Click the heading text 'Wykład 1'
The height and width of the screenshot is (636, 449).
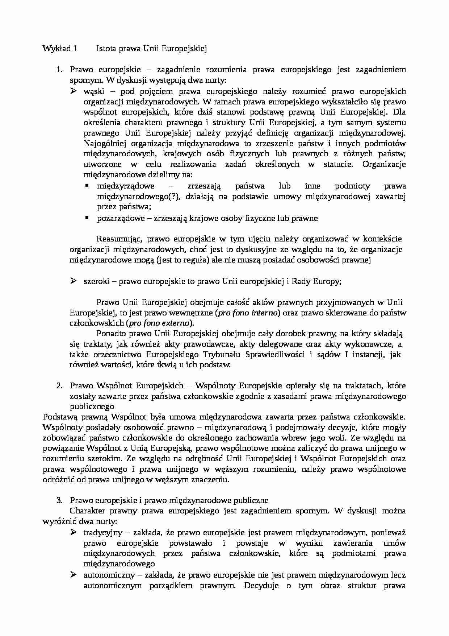point(60,49)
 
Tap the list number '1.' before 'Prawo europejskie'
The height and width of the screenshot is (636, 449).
point(60,70)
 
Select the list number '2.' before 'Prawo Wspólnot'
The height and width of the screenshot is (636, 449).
point(60,385)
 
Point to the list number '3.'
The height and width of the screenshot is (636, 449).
point(60,500)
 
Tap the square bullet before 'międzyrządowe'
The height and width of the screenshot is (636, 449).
point(87,186)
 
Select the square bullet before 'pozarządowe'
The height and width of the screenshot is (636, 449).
point(87,218)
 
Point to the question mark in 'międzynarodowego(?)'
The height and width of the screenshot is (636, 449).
point(175,197)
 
